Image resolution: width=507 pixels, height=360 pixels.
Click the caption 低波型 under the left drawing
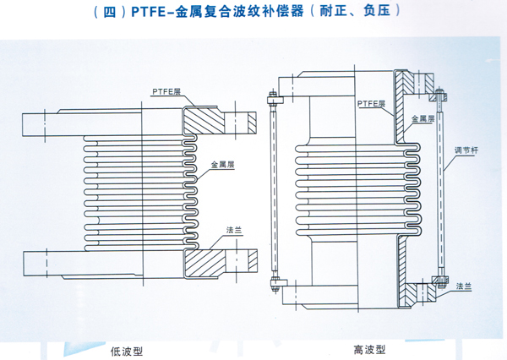[128, 348]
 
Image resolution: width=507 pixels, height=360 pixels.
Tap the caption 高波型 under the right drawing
[369, 348]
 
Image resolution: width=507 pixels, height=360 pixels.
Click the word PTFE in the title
[161, 13]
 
